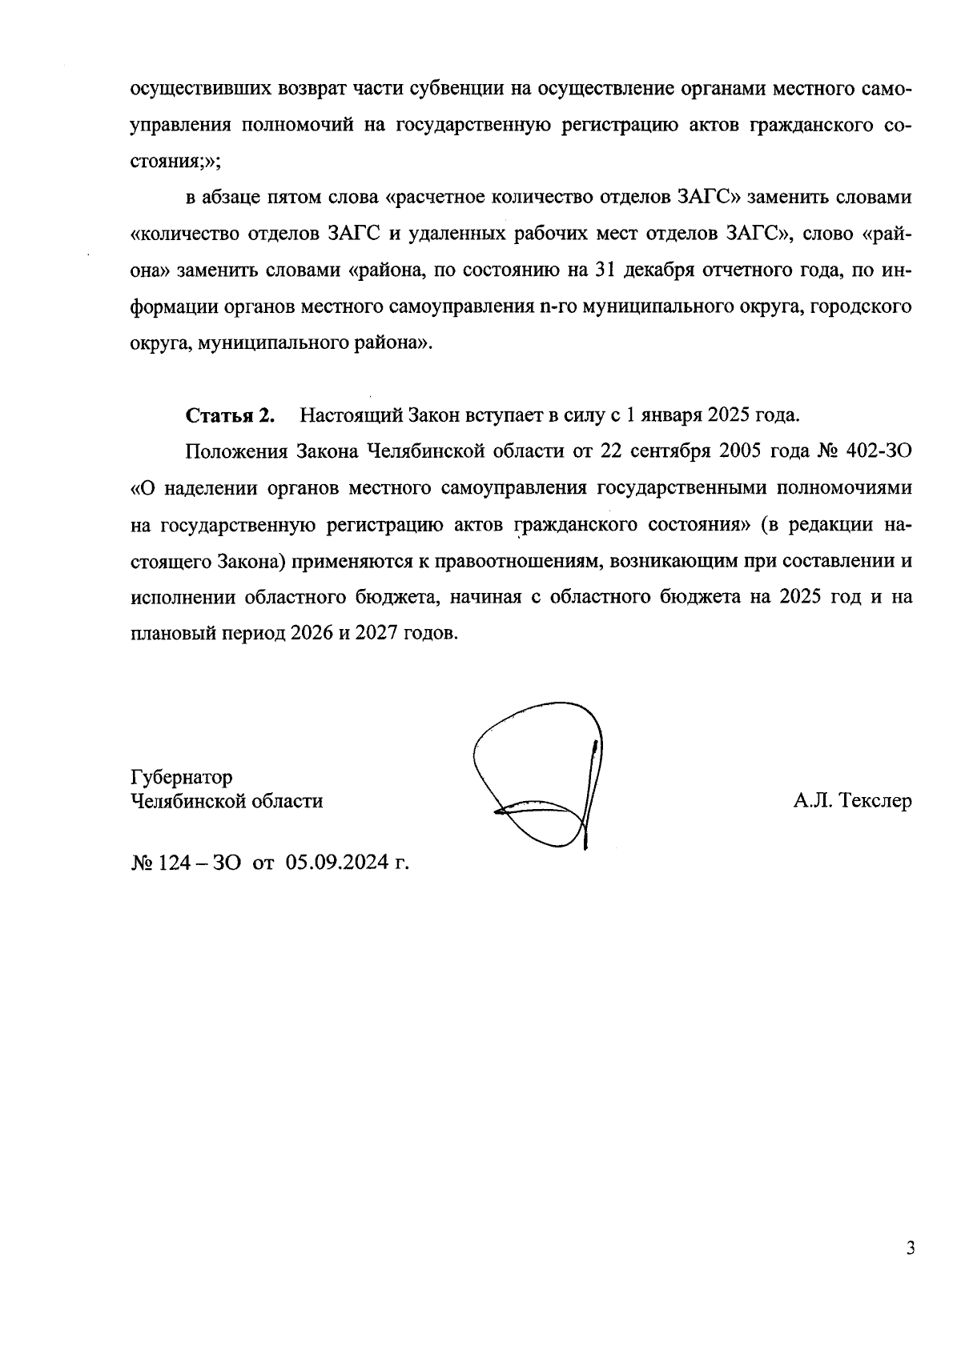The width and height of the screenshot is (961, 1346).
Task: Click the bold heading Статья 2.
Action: click(231, 416)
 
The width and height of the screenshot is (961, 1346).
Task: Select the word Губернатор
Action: click(182, 777)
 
